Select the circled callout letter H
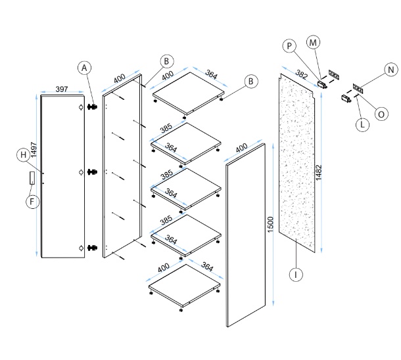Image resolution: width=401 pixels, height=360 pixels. [x=23, y=155]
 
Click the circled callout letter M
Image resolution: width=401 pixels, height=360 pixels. [x=313, y=42]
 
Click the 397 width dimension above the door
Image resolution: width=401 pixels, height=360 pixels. [x=63, y=88]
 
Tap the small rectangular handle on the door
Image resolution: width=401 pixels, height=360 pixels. [x=32, y=177]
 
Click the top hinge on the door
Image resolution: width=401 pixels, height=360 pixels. [x=94, y=106]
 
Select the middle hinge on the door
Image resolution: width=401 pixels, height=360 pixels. [x=94, y=172]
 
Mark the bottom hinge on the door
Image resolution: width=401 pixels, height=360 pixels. [x=94, y=248]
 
